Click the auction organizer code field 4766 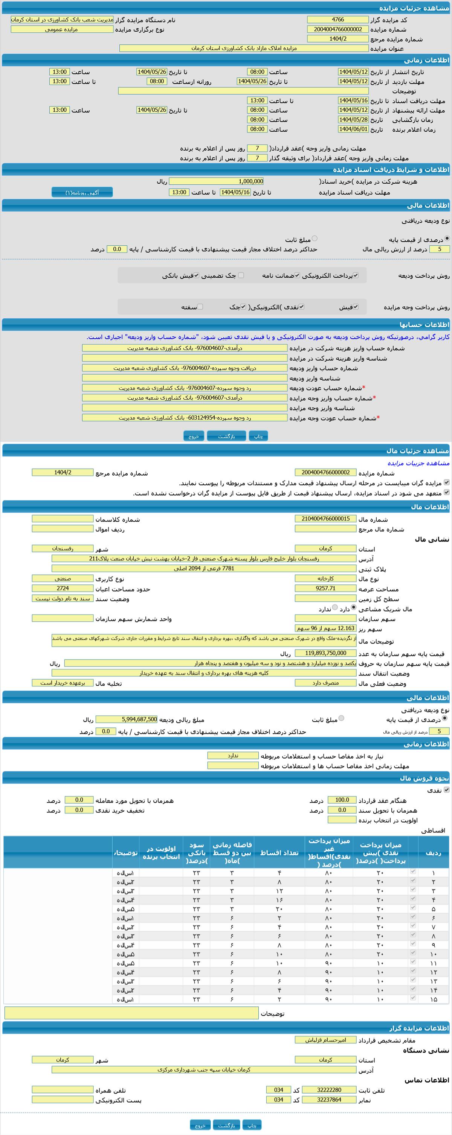point(338,20)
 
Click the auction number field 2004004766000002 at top point(338,29)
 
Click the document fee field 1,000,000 point(217,181)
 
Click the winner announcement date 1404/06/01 point(353,129)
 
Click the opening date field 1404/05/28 point(353,119)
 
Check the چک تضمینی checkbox point(241,275)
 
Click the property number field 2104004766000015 point(325,519)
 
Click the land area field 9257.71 point(325,588)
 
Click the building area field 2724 point(63,588)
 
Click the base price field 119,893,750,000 point(325,653)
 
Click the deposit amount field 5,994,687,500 point(126,719)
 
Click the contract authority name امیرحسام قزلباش point(325,1040)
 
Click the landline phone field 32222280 point(329,1089)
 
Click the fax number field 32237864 point(329,1099)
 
